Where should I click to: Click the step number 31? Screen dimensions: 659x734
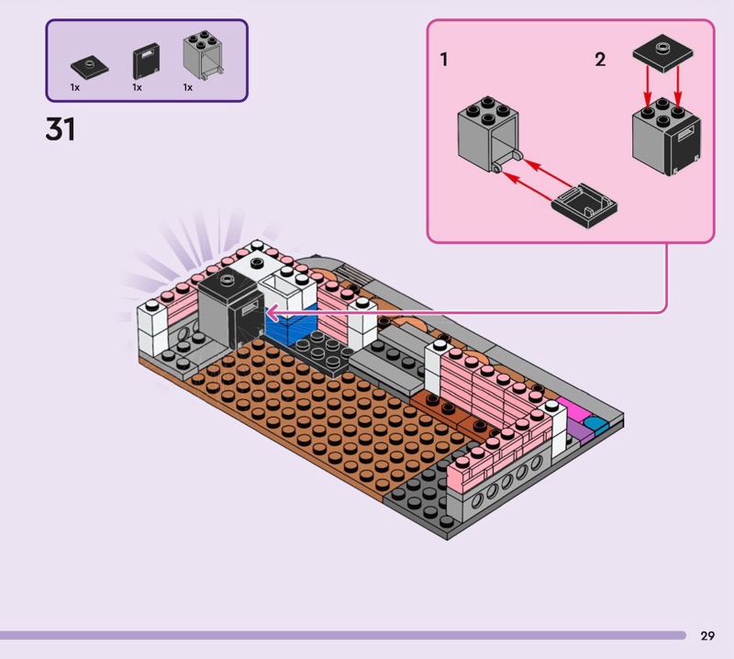click(61, 129)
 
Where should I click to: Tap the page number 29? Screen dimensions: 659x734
click(707, 635)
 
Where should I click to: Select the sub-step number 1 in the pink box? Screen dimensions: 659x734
click(444, 61)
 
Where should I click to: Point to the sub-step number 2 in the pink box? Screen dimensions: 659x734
click(600, 61)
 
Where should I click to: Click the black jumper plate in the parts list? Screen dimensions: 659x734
click(88, 66)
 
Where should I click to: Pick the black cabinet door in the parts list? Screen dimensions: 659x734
click(145, 62)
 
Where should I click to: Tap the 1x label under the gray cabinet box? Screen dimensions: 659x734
click(187, 87)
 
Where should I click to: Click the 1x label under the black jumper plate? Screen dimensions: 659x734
click(75, 87)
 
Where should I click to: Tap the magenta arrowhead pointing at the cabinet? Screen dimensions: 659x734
click(271, 313)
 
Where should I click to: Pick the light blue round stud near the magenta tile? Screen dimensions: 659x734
click(596, 424)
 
